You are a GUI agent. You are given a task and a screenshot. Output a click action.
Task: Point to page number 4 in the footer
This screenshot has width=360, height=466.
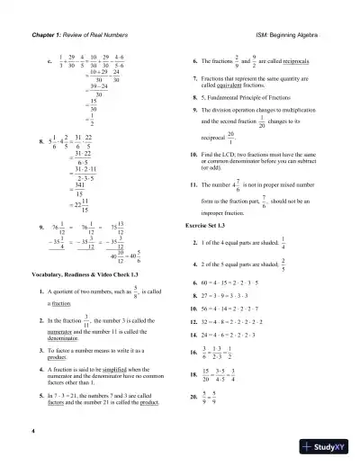tap(32, 432)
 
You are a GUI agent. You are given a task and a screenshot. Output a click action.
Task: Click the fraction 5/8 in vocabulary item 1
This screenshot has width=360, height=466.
tap(134, 290)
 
